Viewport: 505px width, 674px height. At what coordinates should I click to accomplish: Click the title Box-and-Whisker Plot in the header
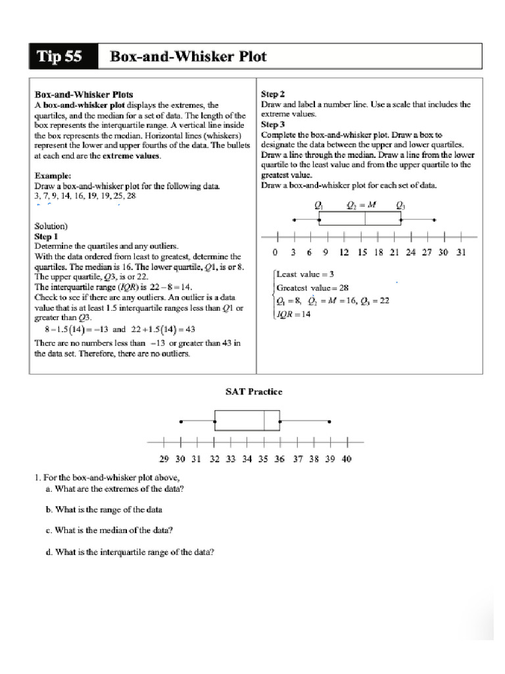tap(188, 57)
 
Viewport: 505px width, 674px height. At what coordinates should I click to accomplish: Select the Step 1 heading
tap(46, 236)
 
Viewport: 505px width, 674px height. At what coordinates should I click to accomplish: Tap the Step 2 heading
tap(273, 94)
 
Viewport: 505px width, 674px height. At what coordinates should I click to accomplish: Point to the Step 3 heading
tap(273, 124)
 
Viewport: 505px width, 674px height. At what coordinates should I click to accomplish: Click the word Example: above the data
tap(53, 176)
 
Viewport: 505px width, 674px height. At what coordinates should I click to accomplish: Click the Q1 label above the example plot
tap(319, 205)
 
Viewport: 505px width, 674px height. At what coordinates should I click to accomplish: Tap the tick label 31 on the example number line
tap(461, 252)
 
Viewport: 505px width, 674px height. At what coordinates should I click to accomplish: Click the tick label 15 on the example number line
tap(362, 252)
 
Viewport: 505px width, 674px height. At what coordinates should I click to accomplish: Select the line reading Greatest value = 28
tap(312, 288)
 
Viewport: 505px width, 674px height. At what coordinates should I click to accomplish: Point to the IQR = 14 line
tap(293, 314)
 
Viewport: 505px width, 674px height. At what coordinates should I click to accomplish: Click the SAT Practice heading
tap(254, 392)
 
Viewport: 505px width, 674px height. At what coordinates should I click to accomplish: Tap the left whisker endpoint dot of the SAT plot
tap(181, 421)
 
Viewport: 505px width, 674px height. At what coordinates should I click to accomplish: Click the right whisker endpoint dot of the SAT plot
tap(329, 421)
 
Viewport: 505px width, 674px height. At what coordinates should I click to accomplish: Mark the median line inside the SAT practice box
tap(264, 421)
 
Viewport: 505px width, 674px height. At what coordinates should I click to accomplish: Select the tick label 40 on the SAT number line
tap(347, 459)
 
